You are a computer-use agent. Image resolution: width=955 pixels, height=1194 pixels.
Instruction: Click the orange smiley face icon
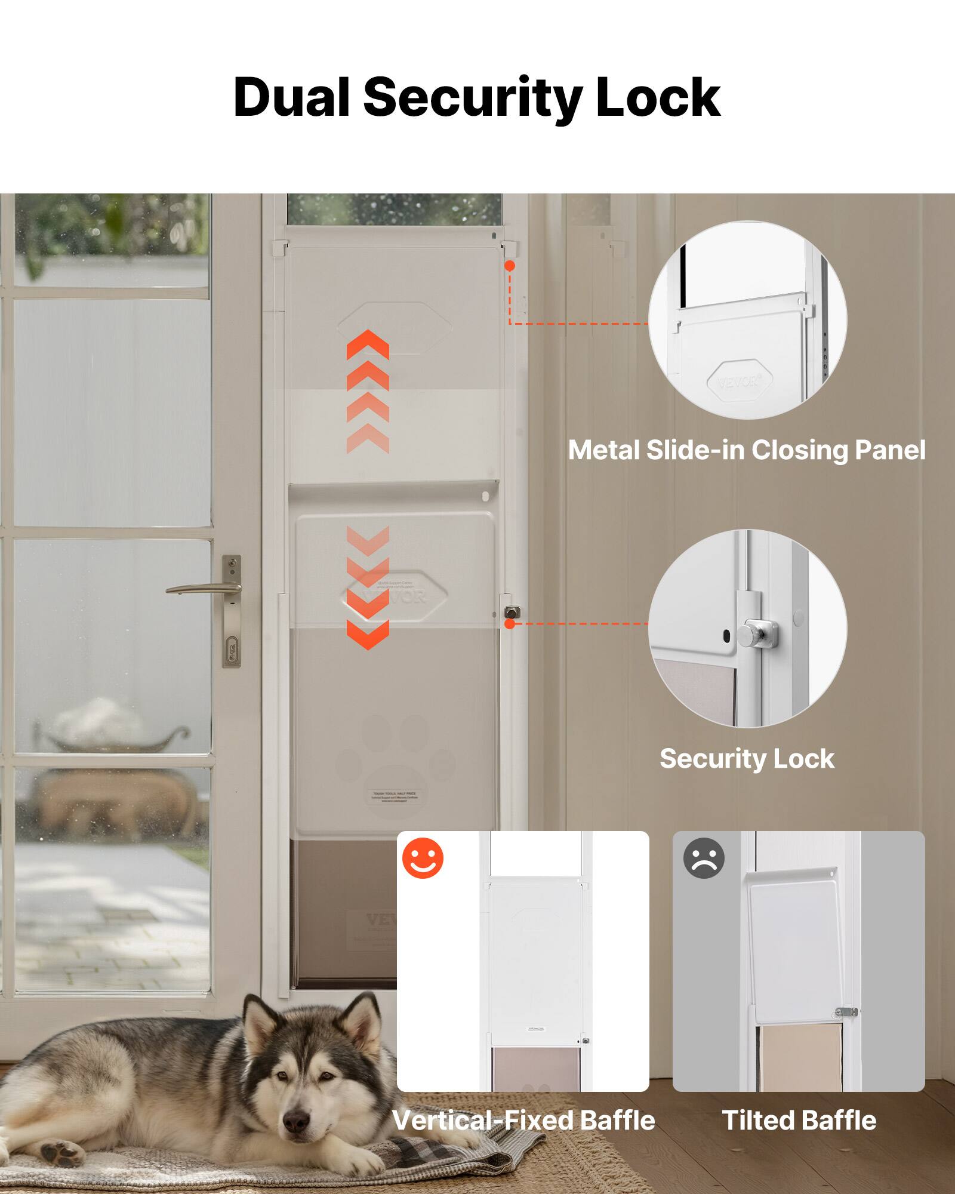[423, 858]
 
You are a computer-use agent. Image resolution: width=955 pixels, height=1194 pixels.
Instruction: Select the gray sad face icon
[704, 858]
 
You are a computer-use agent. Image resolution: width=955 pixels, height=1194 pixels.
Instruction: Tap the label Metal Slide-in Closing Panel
[747, 450]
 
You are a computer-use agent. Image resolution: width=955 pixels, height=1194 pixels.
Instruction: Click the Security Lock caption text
[747, 759]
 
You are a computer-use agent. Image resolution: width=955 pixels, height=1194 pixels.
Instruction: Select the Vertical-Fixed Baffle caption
[523, 1121]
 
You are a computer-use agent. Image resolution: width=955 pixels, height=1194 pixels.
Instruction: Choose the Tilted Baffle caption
[799, 1121]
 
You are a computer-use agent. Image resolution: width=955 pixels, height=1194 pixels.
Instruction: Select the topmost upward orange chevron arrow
[368, 343]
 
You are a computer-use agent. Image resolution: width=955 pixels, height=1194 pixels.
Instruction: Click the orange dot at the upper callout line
[510, 266]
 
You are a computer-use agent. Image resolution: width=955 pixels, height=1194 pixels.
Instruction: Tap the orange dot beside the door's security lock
[510, 624]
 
